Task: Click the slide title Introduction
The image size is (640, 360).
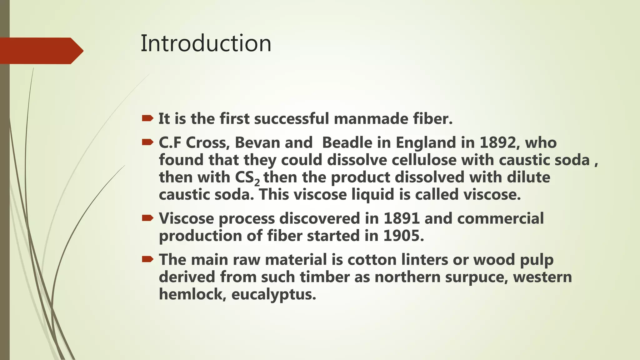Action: [x=206, y=43]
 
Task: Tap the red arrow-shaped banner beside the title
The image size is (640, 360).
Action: [x=41, y=51]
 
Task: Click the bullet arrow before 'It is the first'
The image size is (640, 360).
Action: [x=147, y=118]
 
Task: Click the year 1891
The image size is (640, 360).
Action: [x=402, y=218]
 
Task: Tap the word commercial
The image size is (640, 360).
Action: [x=500, y=218]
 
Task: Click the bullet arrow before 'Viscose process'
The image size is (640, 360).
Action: [x=147, y=218]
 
